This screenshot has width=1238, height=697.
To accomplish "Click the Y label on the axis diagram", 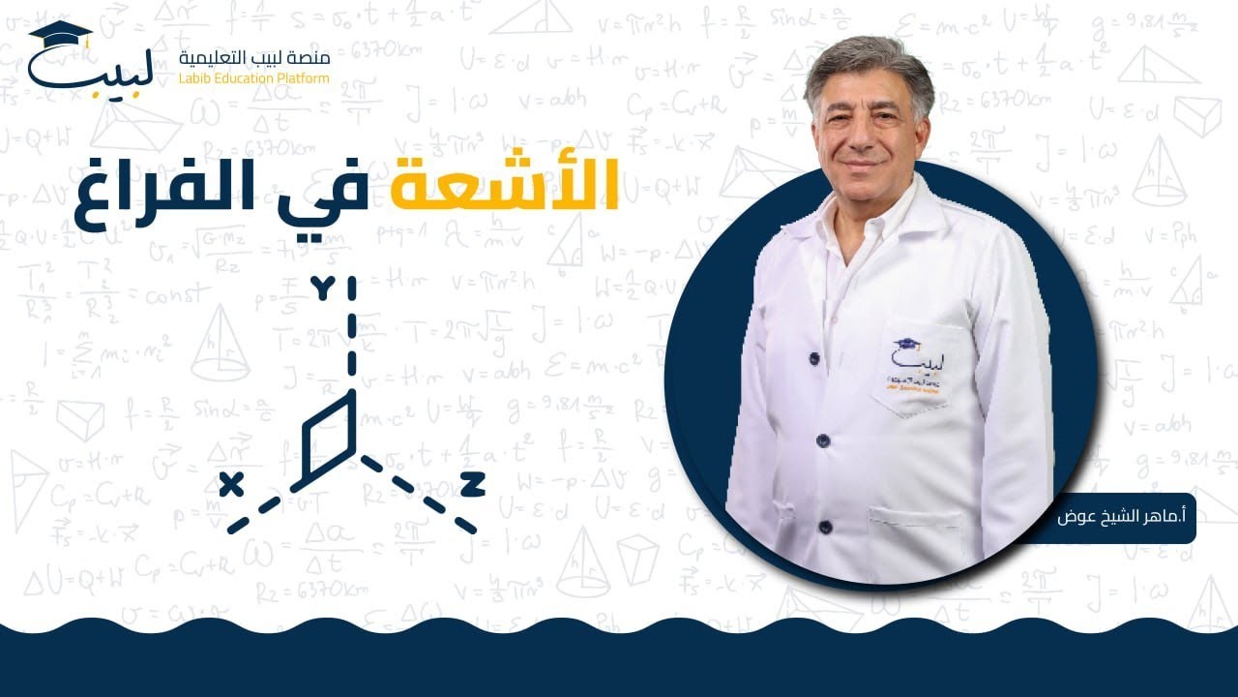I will click(x=322, y=288).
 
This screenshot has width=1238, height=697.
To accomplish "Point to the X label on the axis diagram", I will click(x=231, y=483).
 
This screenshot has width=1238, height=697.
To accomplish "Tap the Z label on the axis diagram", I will click(x=472, y=484).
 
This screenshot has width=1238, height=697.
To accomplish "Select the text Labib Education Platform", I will click(x=253, y=77).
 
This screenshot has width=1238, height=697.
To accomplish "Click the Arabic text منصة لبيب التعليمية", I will click(x=254, y=58).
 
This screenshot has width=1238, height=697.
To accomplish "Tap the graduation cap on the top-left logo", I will click(x=61, y=32).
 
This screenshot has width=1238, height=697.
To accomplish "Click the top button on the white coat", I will click(x=814, y=358).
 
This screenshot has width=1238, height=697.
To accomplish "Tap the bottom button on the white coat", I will click(x=825, y=528).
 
